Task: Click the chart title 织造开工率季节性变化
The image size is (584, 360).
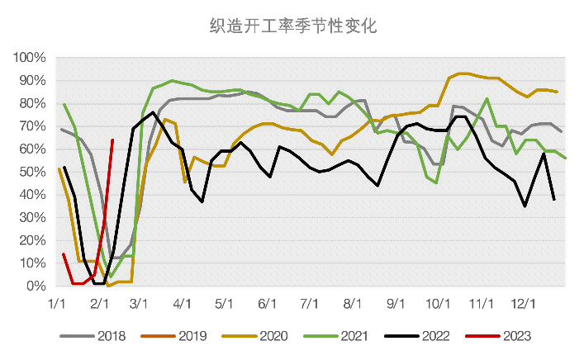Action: [292, 26]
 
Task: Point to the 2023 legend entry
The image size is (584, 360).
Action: [514, 336]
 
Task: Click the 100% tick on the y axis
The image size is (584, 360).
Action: [29, 58]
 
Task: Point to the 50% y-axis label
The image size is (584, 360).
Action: [31, 172]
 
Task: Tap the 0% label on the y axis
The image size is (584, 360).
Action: [35, 287]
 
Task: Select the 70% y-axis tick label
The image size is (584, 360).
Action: [31, 126]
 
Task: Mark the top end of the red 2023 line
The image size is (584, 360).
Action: [112, 140]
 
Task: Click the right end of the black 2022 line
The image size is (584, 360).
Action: [553, 200]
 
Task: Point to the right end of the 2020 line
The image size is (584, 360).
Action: [557, 92]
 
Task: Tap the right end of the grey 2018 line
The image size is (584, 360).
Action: [562, 131]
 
